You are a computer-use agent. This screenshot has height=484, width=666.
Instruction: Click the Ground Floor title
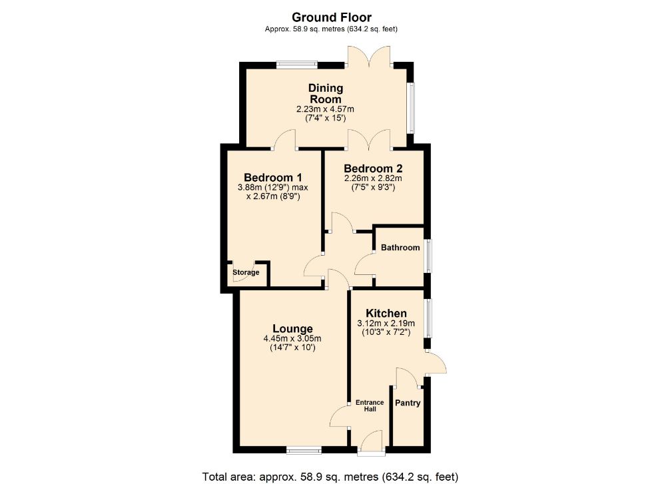[x=331, y=17]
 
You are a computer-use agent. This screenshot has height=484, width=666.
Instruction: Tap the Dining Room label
[x=326, y=93]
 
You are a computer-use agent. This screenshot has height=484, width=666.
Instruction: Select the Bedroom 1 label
[x=273, y=177]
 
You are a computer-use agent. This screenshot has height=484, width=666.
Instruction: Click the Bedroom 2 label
[x=373, y=168]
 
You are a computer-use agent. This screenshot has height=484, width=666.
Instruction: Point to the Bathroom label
[x=400, y=248]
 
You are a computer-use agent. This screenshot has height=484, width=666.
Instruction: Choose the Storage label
[x=246, y=272]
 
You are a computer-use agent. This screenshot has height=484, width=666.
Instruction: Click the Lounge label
[x=292, y=329]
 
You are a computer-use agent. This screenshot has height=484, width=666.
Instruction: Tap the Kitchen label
[x=386, y=314]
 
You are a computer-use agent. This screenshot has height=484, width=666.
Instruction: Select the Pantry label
[x=408, y=403]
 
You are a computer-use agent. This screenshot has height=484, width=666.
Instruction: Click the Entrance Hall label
[x=370, y=405]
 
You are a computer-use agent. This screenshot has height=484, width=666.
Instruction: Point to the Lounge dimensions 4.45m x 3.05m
[x=292, y=339]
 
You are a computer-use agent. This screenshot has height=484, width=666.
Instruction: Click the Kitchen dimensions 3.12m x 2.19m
[x=386, y=324]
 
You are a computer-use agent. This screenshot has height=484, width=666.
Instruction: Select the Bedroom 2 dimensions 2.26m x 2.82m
[x=373, y=178]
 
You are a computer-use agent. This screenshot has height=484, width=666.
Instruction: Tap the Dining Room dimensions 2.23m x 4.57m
[x=326, y=109]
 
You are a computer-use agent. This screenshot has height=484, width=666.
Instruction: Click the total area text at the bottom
[x=330, y=477]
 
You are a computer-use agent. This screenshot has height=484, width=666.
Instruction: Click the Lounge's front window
[x=304, y=451]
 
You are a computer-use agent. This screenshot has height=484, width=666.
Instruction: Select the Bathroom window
[x=428, y=256]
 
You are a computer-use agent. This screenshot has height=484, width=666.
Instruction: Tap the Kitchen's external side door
[x=436, y=362]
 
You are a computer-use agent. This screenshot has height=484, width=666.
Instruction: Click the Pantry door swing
[x=408, y=377]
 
